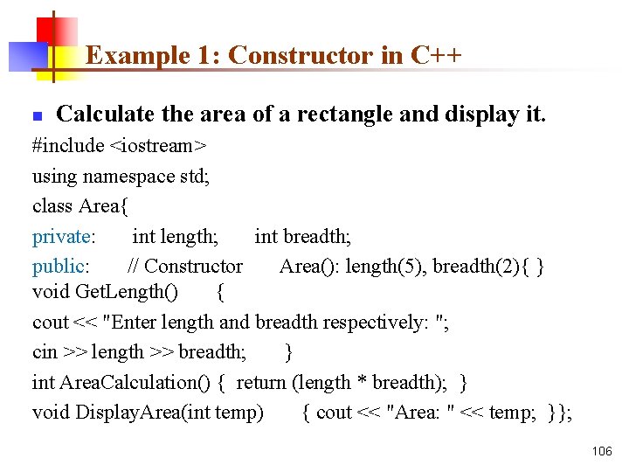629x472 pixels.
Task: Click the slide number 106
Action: point(602,451)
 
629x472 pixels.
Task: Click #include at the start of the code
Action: point(67,146)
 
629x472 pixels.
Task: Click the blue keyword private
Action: point(62,236)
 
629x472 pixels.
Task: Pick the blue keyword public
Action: point(58,266)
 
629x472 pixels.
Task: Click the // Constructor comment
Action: point(185,266)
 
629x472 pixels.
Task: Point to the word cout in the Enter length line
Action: point(50,323)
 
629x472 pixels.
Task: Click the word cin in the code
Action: point(45,352)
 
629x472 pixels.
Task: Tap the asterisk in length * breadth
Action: point(360,383)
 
